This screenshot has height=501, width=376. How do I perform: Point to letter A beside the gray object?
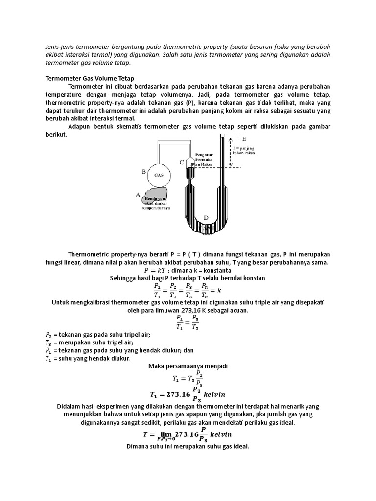point(138,195)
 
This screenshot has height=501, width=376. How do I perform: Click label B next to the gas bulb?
point(143,171)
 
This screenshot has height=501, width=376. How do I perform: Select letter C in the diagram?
point(182,162)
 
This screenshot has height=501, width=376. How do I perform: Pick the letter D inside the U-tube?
point(206,217)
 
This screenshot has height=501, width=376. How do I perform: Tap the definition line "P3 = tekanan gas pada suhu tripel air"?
point(98,335)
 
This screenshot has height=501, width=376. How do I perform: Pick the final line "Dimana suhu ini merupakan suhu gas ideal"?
point(188,446)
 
